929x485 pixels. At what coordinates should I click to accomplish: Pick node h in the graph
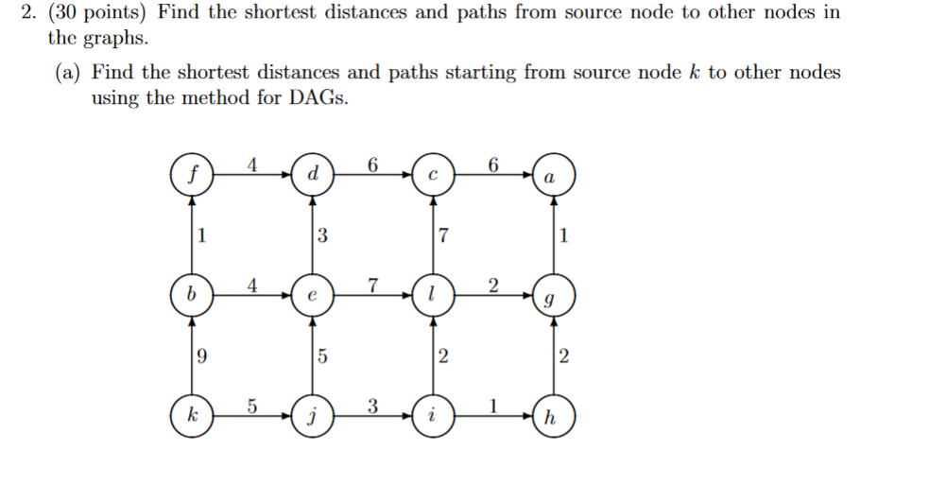(x=551, y=416)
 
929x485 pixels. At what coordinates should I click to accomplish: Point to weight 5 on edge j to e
(x=321, y=356)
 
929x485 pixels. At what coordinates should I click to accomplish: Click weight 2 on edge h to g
(x=563, y=356)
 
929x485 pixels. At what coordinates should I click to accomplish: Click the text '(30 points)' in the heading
(x=105, y=14)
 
